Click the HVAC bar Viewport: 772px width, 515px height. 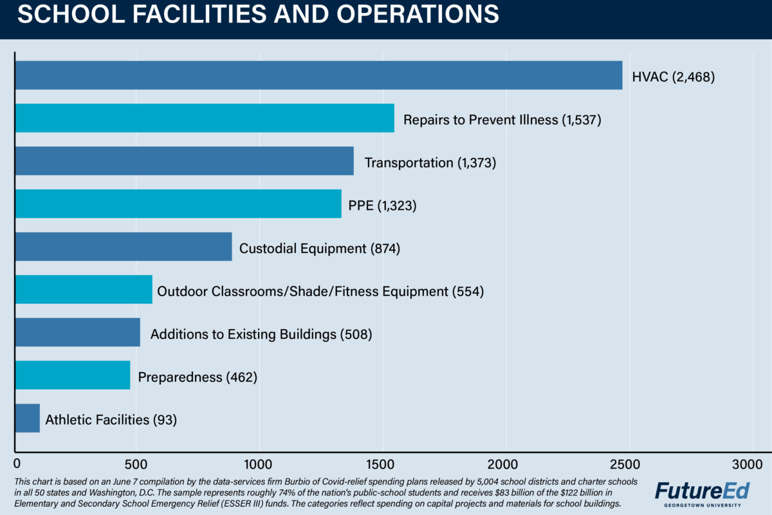click(x=318, y=75)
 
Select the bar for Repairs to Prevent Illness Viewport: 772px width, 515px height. click(x=204, y=118)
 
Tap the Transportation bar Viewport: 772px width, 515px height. click(x=184, y=161)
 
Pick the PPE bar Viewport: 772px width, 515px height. click(x=178, y=203)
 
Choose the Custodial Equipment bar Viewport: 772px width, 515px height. click(x=123, y=247)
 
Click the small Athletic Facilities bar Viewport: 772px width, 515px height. click(x=27, y=418)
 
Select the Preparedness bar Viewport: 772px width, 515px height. click(x=72, y=375)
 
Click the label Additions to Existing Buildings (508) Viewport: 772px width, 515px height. click(x=261, y=335)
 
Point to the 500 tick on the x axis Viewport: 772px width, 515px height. click(x=136, y=464)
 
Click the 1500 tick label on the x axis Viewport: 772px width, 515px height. click(x=383, y=464)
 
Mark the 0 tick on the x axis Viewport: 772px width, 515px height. click(x=17, y=464)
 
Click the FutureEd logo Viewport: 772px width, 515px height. click(x=702, y=491)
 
